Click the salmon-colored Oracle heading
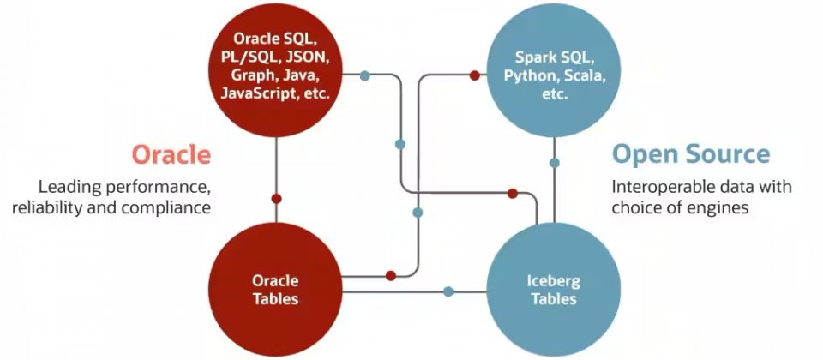click(171, 155)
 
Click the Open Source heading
click(690, 154)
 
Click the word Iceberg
click(553, 281)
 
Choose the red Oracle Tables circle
click(275, 290)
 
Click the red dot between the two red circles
click(276, 198)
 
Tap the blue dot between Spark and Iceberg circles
click(554, 163)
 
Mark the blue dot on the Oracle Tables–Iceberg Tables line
click(448, 291)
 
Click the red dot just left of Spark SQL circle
click(474, 75)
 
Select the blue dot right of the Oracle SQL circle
click(364, 75)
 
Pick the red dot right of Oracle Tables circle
click(390, 276)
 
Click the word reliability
click(50, 207)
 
